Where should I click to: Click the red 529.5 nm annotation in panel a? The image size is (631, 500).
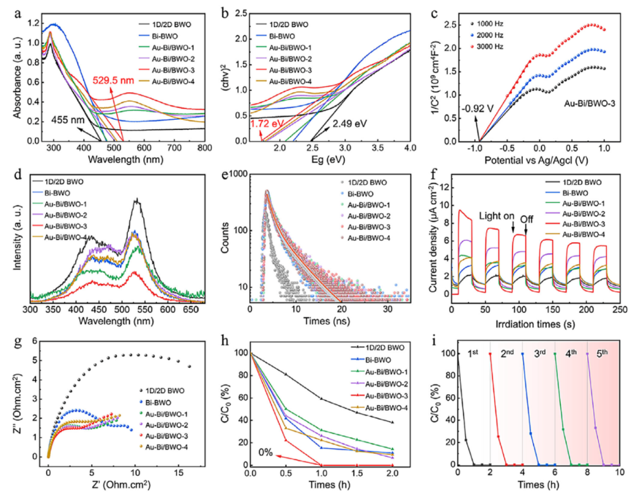pyautogui.click(x=113, y=80)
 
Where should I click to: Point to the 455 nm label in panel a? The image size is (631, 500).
pyautogui.click(x=67, y=120)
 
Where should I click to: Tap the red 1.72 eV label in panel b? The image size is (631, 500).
pyautogui.click(x=266, y=123)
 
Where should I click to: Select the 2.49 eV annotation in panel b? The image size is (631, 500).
pyautogui.click(x=349, y=123)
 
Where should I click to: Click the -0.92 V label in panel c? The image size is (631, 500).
pyautogui.click(x=477, y=108)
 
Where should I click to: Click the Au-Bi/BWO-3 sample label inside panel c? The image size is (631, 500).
pyautogui.click(x=590, y=104)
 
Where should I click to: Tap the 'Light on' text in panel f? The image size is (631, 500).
pyautogui.click(x=497, y=216)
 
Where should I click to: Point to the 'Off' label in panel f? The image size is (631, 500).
pyautogui.click(x=527, y=219)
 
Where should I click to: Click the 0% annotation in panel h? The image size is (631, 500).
pyautogui.click(x=266, y=453)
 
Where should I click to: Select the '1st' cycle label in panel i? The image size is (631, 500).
pyautogui.click(x=473, y=354)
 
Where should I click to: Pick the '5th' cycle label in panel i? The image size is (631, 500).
pyautogui.click(x=602, y=354)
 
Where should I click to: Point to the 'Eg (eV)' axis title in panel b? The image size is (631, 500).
pyautogui.click(x=328, y=160)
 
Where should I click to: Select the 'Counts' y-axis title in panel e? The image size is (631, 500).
pyautogui.click(x=225, y=237)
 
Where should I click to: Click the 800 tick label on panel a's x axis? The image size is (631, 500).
pyautogui.click(x=205, y=148)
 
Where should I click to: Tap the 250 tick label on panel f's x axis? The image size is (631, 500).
pyautogui.click(x=620, y=309)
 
